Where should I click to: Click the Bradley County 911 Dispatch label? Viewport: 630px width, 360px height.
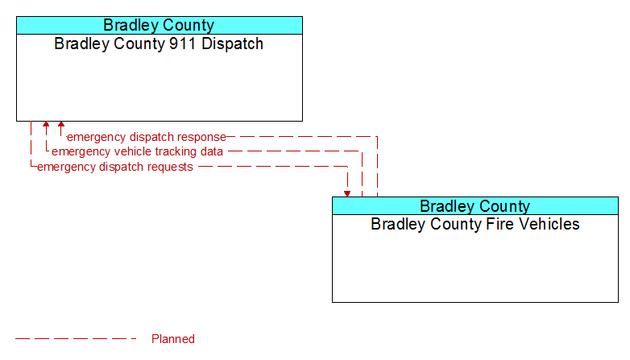[159, 43]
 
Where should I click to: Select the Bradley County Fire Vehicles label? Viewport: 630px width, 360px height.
[475, 224]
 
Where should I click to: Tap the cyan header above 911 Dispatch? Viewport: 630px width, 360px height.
[160, 25]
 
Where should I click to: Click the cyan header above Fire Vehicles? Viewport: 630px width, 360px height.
[475, 206]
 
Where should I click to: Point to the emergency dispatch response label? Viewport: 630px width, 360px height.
[147, 137]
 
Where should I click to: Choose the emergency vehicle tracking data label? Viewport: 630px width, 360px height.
[138, 151]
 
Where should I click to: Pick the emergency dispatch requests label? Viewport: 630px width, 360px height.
[115, 167]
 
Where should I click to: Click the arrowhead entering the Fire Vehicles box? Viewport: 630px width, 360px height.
[347, 194]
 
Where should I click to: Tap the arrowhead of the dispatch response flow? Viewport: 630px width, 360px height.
[61, 124]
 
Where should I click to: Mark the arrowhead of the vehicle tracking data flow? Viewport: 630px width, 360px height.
[46, 124]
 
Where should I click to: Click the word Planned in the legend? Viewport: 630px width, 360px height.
[173, 339]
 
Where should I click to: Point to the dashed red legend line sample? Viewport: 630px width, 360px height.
[76, 339]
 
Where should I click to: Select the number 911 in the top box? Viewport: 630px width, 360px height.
[183, 43]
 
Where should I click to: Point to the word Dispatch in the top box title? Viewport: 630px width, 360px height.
[232, 43]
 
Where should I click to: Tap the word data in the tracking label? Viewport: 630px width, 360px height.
[213, 151]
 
